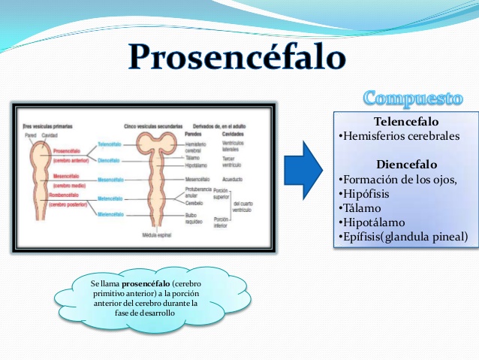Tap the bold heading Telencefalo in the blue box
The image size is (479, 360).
tap(405, 122)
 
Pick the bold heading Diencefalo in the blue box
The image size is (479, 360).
tap(405, 165)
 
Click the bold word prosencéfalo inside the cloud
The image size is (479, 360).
tap(128, 284)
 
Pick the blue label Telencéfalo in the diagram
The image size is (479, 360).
tap(110, 144)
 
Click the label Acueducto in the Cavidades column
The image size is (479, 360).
tap(235, 180)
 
